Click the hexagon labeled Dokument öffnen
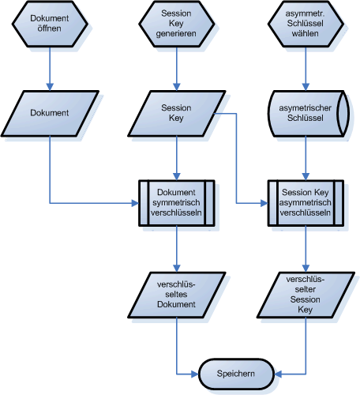pyautogui.click(x=50, y=24)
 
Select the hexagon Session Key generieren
pyautogui.click(x=176, y=24)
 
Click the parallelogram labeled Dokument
pyautogui.click(x=50, y=113)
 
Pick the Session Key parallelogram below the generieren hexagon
pyautogui.click(x=176, y=113)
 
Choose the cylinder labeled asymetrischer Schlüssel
pyautogui.click(x=305, y=113)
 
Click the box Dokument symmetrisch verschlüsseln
pyautogui.click(x=176, y=203)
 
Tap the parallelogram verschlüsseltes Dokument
pyautogui.click(x=176, y=294)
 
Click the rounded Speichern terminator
pyautogui.click(x=238, y=373)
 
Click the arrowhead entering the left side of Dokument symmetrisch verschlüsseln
pyautogui.click(x=134, y=203)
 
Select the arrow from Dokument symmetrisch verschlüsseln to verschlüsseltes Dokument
pyautogui.click(x=176, y=249)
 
